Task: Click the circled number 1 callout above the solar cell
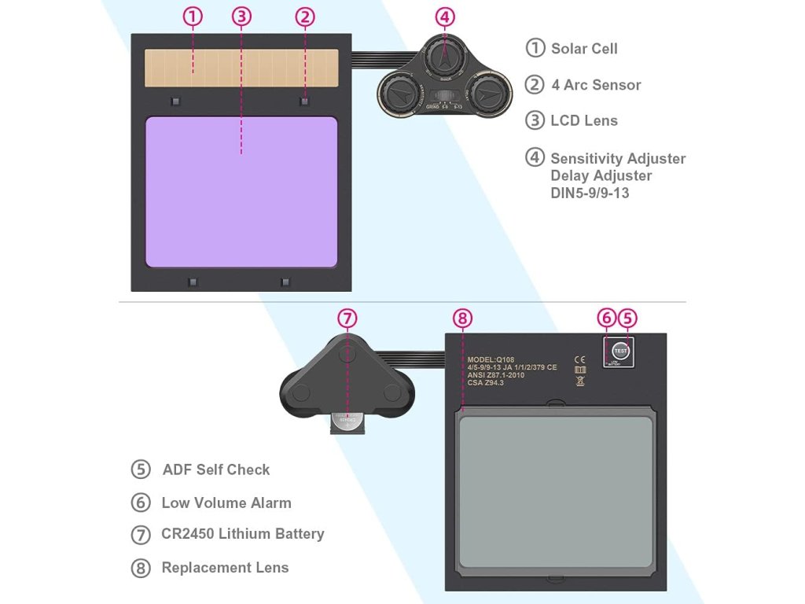click(193, 17)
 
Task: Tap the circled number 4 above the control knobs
click(445, 17)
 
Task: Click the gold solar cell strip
click(241, 68)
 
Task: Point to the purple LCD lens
click(241, 192)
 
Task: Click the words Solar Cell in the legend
click(584, 49)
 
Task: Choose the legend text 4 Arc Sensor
click(596, 85)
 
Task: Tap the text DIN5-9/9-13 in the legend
click(590, 193)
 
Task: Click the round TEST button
click(620, 350)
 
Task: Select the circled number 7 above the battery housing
click(347, 319)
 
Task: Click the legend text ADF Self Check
click(216, 470)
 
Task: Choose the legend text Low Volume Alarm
click(226, 503)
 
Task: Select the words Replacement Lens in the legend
click(225, 568)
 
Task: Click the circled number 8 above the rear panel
click(462, 319)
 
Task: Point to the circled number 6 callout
click(606, 319)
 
